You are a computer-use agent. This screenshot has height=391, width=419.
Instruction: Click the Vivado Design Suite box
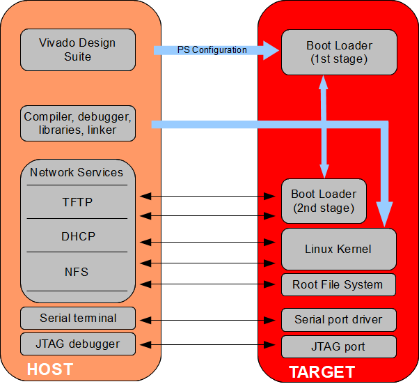coord(77,49)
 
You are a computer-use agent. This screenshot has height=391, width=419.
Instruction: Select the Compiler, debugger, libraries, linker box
coord(77,123)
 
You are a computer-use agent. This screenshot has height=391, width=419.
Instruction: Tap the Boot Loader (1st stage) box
coord(339,52)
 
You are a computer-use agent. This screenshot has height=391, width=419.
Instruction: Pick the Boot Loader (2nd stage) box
coord(323,201)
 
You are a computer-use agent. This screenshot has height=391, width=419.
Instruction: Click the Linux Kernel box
coord(338,249)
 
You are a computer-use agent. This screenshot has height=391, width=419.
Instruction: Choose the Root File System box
coord(338,284)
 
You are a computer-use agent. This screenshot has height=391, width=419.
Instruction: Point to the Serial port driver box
coord(338,320)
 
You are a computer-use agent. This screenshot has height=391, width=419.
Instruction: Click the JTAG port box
coord(338,346)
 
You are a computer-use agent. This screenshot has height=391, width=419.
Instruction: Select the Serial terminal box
coord(77,319)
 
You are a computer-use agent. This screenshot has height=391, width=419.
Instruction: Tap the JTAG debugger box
coord(77,344)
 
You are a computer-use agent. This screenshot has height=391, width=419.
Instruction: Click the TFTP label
coord(77,203)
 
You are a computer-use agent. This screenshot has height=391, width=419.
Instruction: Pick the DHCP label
coord(77,236)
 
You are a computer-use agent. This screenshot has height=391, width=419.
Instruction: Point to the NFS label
coord(77,272)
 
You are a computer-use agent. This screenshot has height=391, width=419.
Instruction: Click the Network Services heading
coord(77,172)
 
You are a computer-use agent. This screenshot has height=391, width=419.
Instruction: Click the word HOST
coord(49,369)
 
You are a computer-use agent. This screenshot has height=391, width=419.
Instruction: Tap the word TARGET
coord(322,372)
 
